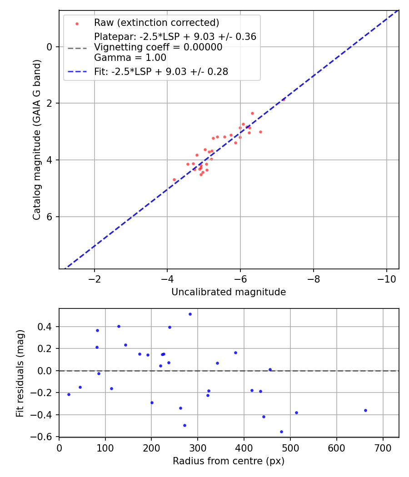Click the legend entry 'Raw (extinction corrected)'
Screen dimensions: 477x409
[x=156, y=23]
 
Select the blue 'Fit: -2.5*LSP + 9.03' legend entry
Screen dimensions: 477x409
[x=161, y=71]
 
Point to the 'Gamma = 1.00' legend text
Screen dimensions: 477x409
[x=130, y=58]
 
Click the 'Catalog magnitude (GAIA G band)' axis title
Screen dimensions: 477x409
[x=37, y=139]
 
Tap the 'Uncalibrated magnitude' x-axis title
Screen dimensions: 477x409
[x=229, y=292]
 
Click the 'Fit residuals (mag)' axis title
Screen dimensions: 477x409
[x=20, y=373]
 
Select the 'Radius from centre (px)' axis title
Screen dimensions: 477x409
[x=229, y=461]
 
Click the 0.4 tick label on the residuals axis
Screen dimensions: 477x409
[x=46, y=327]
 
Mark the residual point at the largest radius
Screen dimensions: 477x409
[x=365, y=410]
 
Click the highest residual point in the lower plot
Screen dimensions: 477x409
[x=190, y=314]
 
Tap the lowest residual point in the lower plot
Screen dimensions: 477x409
[x=281, y=432]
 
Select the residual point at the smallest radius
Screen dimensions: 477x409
[x=69, y=394]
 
